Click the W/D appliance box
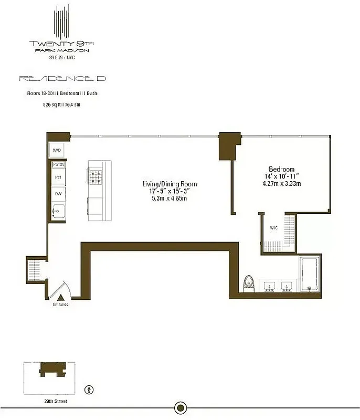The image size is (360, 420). (57, 150)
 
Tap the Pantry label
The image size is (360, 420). (58, 164)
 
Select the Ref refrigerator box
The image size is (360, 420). (58, 177)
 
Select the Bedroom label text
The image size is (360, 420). (281, 169)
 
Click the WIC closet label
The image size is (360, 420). (273, 228)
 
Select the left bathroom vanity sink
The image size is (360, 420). (269, 286)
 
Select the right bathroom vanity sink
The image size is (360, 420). (286, 286)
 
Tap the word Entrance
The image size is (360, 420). (60, 304)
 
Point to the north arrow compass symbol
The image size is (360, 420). (90, 390)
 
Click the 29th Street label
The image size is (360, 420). (57, 402)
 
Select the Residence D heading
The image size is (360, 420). (62, 78)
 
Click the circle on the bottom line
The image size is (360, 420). (180, 407)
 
